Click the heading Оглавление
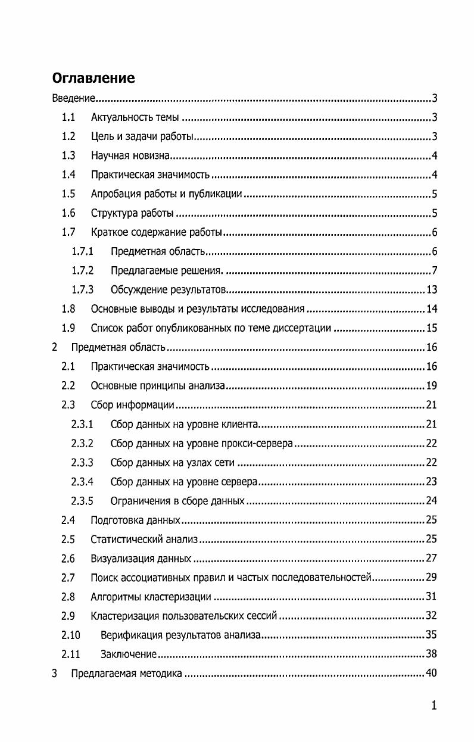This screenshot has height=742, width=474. click(93, 78)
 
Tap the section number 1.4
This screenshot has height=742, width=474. click(68, 175)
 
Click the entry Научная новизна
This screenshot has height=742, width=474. click(131, 156)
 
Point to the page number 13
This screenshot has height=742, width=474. click(432, 290)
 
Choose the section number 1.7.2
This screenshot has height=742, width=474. click(83, 271)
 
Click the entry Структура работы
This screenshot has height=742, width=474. click(132, 213)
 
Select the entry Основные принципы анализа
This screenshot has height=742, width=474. click(158, 386)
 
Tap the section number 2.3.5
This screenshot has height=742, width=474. click(82, 501)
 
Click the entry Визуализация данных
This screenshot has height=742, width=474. click(141, 559)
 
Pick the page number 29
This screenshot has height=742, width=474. click(432, 578)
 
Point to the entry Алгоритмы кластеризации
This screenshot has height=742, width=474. click(151, 597)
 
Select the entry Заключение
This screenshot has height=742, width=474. click(128, 654)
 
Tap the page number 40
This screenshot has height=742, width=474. click(432, 674)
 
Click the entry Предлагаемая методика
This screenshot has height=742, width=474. click(126, 674)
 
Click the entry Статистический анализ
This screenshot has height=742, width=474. click(144, 540)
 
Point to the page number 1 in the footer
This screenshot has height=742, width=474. click(434, 706)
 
